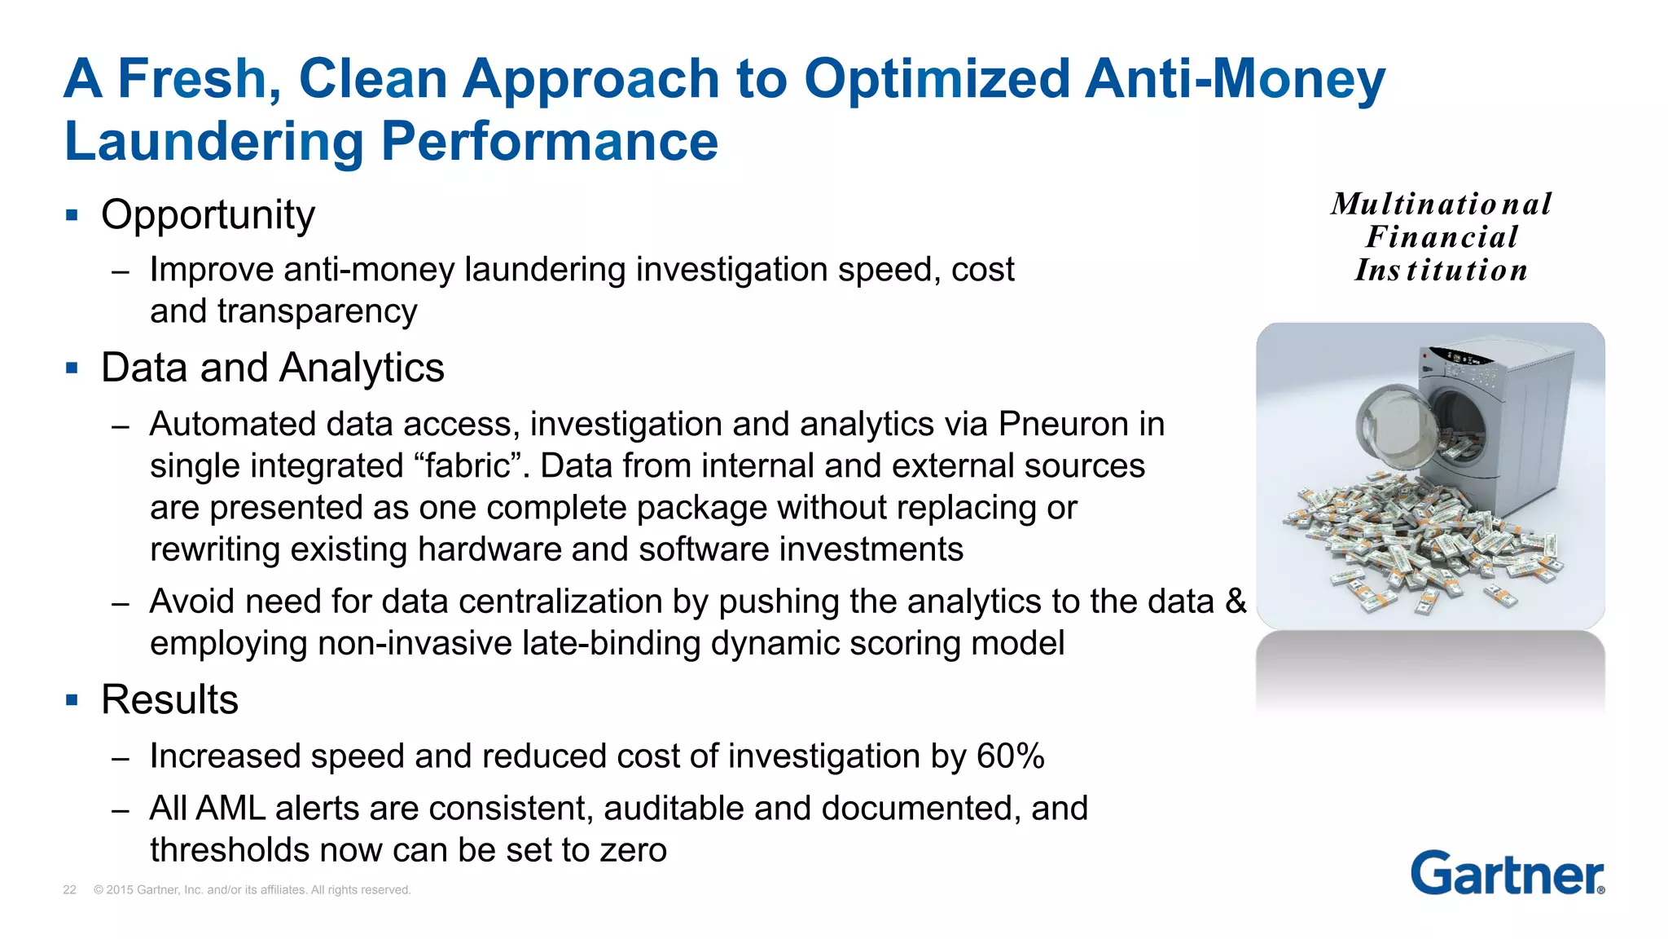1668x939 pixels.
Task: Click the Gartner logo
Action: coord(1507,874)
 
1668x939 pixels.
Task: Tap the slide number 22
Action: coord(69,890)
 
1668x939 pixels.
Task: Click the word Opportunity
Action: coord(208,215)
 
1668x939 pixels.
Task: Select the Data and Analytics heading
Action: coord(272,368)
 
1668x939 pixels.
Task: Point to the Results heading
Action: coord(169,699)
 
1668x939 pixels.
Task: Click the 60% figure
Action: coord(1010,756)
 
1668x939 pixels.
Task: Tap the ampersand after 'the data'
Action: coord(1236,602)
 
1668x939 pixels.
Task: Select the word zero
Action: coord(633,850)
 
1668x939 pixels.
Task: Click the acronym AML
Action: coord(230,809)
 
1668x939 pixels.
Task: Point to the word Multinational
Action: coord(1441,204)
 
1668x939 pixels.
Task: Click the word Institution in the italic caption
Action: coord(1441,271)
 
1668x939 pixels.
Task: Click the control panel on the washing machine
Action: coord(1462,359)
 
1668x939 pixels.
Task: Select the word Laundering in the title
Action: coord(214,142)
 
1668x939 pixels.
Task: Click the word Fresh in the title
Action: coord(200,79)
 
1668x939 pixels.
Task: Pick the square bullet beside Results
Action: coord(72,699)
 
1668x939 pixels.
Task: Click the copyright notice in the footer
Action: coord(252,890)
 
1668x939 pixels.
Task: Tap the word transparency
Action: coord(317,311)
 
